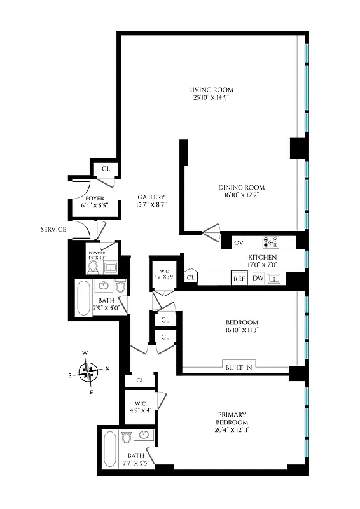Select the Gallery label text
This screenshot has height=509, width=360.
(151, 200)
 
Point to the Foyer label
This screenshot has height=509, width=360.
(94, 202)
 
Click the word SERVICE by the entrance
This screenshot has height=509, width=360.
(53, 229)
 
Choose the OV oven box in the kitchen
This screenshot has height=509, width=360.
(239, 242)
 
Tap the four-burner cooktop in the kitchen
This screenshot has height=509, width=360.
(271, 242)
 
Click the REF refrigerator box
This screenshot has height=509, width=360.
(239, 279)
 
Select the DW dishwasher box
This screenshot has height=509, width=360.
(258, 279)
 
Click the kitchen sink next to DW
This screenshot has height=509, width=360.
(275, 279)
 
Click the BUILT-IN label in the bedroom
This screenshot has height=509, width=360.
(240, 367)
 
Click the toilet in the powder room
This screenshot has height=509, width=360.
(93, 267)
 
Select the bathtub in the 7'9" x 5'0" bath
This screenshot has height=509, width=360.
(83, 298)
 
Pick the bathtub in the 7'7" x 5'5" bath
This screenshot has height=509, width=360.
(109, 450)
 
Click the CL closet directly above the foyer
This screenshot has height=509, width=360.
(106, 169)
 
